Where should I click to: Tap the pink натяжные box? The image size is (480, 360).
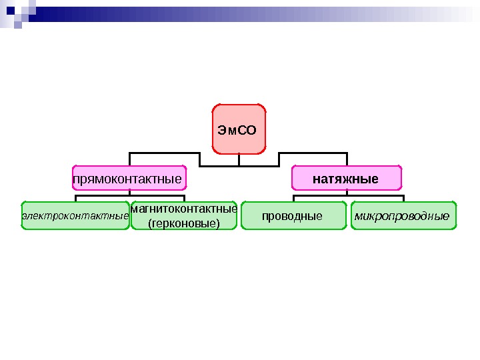347,179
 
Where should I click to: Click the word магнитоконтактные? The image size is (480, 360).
183,209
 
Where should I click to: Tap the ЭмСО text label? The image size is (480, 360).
237,129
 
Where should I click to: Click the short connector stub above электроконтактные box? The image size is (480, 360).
75,198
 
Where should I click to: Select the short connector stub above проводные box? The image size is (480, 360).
293,198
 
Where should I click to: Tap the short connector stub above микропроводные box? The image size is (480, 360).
403,198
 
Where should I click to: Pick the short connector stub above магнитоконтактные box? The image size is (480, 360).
183,198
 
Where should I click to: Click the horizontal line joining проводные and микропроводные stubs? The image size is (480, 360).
347,195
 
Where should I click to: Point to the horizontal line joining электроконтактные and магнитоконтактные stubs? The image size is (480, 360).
129,195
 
